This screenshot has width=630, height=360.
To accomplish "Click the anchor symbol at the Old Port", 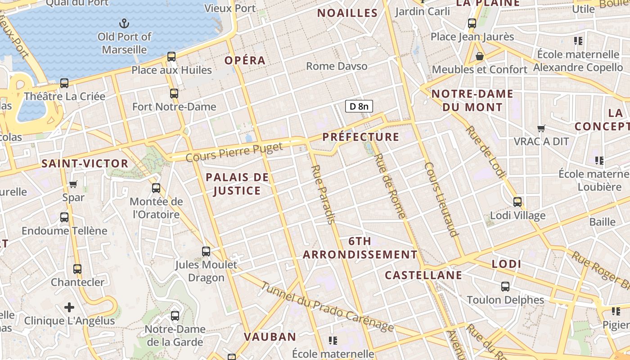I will coord(124,23).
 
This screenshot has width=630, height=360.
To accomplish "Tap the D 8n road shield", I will coord(359,106).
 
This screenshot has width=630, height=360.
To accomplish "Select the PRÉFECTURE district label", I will coord(361,137).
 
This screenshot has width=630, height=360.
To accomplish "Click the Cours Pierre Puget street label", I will coord(234,152).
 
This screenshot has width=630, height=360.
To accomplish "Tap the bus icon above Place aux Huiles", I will coord(171,57).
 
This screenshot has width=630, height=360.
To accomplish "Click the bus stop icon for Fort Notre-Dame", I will coord(174,94).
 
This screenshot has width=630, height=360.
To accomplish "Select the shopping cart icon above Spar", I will coord(73,184).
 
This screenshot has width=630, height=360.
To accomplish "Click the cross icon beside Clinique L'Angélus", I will coord(69,307).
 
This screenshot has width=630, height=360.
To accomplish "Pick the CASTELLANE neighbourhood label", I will coord(423,275).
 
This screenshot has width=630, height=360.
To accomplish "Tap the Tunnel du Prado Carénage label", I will coord(327,307).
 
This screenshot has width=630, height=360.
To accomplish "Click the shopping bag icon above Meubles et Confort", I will coord(480,56).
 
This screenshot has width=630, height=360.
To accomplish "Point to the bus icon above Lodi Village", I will coord(517,202).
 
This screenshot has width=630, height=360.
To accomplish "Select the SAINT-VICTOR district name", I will coord(85,163).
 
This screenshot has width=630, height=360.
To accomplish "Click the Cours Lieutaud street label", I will coord(441,199).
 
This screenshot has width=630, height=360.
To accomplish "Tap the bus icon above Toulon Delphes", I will coord(505,286).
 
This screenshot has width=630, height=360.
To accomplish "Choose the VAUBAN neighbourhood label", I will coord(270,337).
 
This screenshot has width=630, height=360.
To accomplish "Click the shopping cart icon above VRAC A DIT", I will coord(541,128).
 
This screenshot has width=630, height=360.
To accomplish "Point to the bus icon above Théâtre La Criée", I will coord(64,83).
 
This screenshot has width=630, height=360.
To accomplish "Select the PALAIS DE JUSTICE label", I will coord(237,184).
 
